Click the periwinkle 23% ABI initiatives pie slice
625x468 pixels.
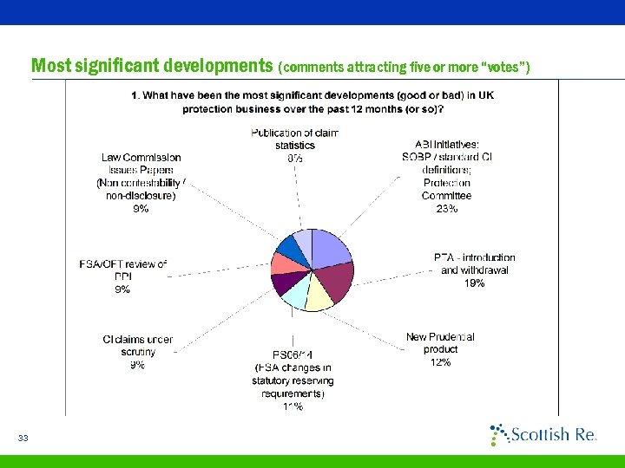tap(329, 247)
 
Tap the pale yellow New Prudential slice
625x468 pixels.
tap(319, 296)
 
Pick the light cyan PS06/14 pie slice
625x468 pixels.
tap(294, 296)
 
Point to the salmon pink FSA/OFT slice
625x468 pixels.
tap(283, 263)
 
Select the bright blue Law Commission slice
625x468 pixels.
tap(290, 246)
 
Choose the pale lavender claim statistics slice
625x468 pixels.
tap(303, 238)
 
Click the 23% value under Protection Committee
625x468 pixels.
tap(447, 208)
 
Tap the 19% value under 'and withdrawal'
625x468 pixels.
tap(474, 283)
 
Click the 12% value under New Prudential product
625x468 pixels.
tap(440, 362)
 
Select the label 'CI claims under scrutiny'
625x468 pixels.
tap(137, 346)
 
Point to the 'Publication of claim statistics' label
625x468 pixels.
tap(294, 139)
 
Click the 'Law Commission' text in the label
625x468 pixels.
tap(141, 157)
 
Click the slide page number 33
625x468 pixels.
tap(23, 439)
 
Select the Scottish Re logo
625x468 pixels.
tap(543, 434)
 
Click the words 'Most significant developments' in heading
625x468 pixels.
tap(152, 66)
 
